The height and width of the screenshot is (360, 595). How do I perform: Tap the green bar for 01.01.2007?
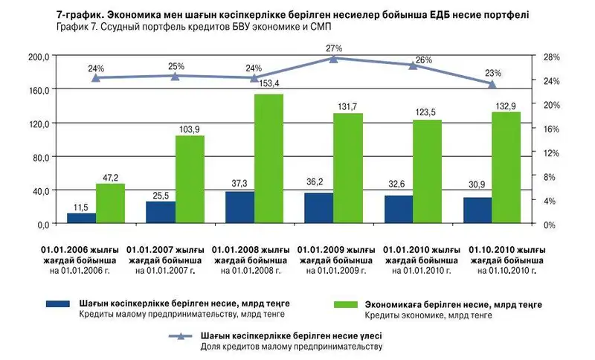[190, 179]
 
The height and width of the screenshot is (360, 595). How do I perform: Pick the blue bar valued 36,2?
[318, 208]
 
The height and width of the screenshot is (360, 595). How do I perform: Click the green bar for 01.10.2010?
[506, 168]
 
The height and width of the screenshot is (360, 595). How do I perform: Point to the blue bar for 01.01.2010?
[398, 210]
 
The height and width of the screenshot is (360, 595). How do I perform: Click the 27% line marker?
[334, 58]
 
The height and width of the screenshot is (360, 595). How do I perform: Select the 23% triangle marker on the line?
[492, 84]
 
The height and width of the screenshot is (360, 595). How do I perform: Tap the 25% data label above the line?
[176, 66]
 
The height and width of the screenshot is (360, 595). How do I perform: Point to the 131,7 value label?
[347, 107]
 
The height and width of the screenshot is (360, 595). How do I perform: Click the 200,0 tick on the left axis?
[38, 57]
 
